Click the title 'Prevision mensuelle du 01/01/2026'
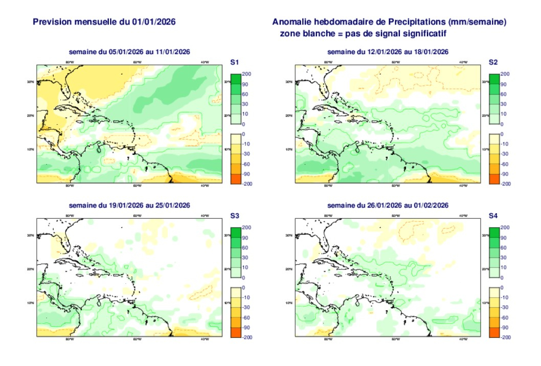[105, 22]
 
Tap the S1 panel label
[235, 62]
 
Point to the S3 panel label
[235, 216]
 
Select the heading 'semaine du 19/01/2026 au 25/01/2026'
[130, 205]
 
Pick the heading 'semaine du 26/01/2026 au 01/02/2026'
[388, 205]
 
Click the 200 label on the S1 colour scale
[246, 74]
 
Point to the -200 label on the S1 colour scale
[246, 184]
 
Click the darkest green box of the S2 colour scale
[494, 79]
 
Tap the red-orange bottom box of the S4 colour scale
[494, 332]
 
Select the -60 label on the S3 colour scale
[246, 317]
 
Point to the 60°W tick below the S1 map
[137, 186]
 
